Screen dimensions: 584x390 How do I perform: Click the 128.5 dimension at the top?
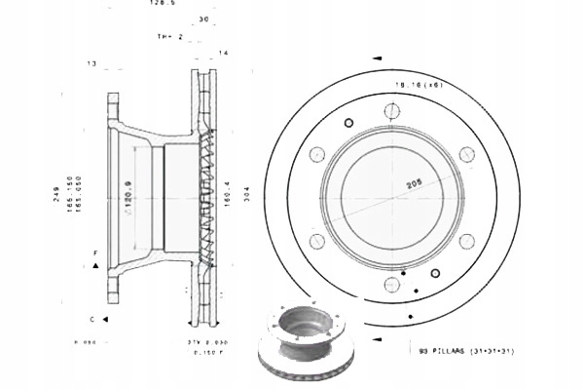(162, 3)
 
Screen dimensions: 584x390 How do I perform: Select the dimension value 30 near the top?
(202, 19)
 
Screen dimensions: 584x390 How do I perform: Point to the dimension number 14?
(224, 52)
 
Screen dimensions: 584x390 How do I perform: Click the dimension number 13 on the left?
(91, 64)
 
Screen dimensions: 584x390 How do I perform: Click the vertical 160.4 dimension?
(227, 195)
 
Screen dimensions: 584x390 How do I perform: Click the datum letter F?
(95, 253)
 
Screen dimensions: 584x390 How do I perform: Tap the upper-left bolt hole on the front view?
(316, 155)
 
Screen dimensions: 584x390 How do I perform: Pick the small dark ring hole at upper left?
(347, 122)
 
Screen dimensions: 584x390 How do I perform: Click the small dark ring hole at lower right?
(435, 274)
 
